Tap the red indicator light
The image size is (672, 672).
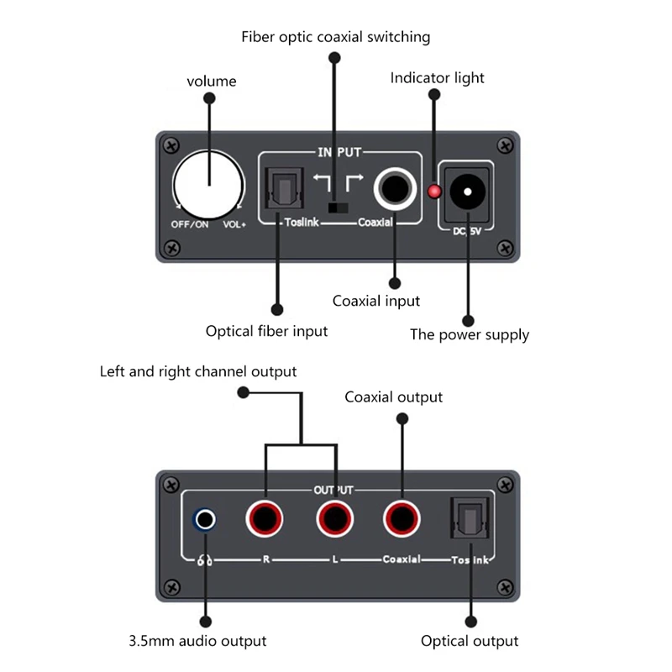pyautogui.click(x=434, y=192)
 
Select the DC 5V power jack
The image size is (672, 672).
pyautogui.click(x=465, y=192)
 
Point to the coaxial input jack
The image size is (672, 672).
pyautogui.click(x=394, y=189)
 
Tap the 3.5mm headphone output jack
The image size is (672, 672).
pyautogui.click(x=204, y=520)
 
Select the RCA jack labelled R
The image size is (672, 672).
pyautogui.click(x=265, y=519)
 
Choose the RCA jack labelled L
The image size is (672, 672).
pyautogui.click(x=336, y=519)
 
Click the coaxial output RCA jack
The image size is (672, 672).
pyautogui.click(x=402, y=519)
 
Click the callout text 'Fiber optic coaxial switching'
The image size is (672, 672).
pyautogui.click(x=335, y=37)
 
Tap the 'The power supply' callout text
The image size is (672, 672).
pyautogui.click(x=469, y=335)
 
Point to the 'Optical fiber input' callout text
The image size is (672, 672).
pyautogui.click(x=266, y=331)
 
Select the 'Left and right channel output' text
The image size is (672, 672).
pyautogui.click(x=198, y=371)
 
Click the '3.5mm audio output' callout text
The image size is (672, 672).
pyautogui.click(x=197, y=641)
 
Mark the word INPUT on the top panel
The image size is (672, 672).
pyautogui.click(x=339, y=152)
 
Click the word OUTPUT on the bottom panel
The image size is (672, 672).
pyautogui.click(x=333, y=490)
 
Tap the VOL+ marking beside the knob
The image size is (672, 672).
pyautogui.click(x=234, y=225)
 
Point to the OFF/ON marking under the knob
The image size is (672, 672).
pyautogui.click(x=190, y=225)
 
